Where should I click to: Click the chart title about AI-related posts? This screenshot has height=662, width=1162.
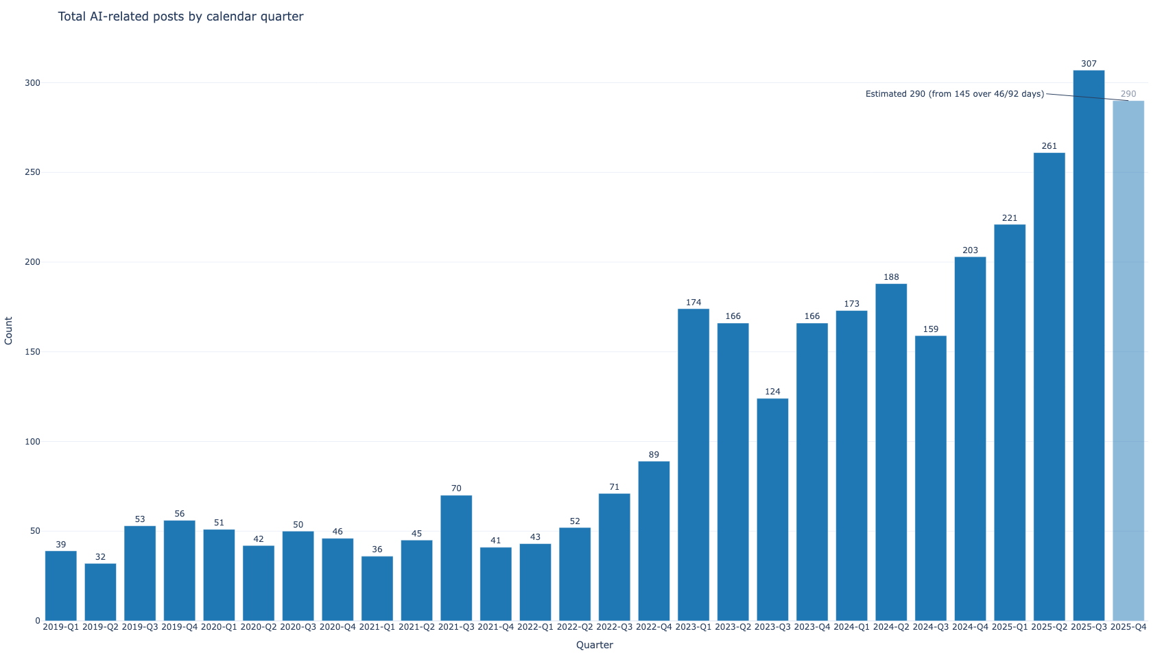pos(180,16)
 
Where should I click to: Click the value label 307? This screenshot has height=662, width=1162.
pos(1089,64)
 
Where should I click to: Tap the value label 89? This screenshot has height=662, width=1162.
pos(654,455)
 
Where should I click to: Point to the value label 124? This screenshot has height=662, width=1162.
pos(772,392)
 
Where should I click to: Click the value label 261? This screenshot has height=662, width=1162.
pos(1050,146)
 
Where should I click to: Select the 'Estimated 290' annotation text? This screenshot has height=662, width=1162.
pos(954,94)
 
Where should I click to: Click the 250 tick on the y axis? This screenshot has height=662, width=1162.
pos(32,172)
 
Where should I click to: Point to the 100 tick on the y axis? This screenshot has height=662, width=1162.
pos(32,442)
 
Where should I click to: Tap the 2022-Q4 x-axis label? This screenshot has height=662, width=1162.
pos(654,627)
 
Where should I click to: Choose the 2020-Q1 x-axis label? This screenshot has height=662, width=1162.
pos(219,627)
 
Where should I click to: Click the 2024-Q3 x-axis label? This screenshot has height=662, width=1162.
pos(931,627)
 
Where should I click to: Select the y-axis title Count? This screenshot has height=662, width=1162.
pos(9,331)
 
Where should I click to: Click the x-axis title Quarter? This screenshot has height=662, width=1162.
pos(595,645)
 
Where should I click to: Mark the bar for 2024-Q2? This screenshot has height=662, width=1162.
pos(891,452)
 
